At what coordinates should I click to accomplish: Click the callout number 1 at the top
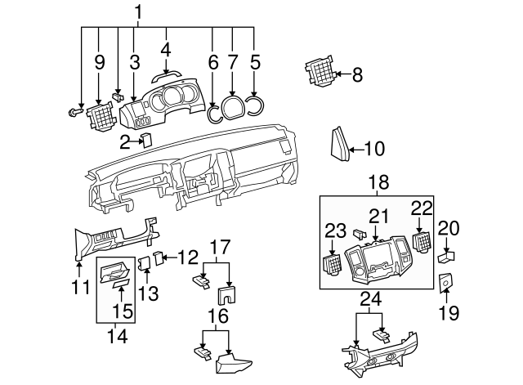point(138,11)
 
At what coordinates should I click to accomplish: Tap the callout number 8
point(356,75)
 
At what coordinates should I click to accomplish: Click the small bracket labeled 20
point(446,256)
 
